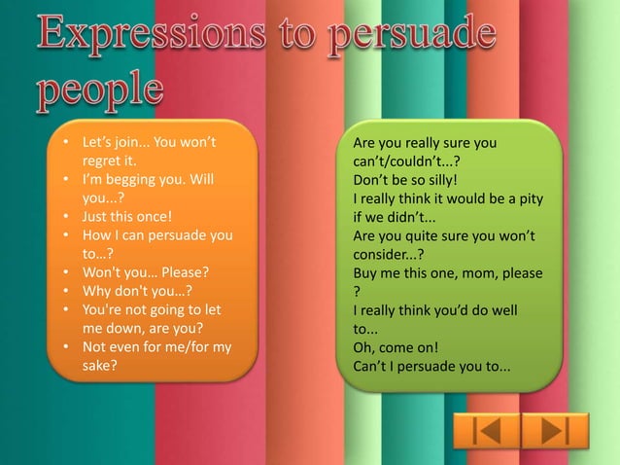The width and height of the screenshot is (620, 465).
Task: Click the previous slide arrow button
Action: click(x=485, y=430)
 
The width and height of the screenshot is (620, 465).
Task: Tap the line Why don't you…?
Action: click(x=136, y=291)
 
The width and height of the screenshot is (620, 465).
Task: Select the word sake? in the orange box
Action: click(x=99, y=366)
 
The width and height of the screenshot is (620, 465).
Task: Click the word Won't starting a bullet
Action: click(x=100, y=272)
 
